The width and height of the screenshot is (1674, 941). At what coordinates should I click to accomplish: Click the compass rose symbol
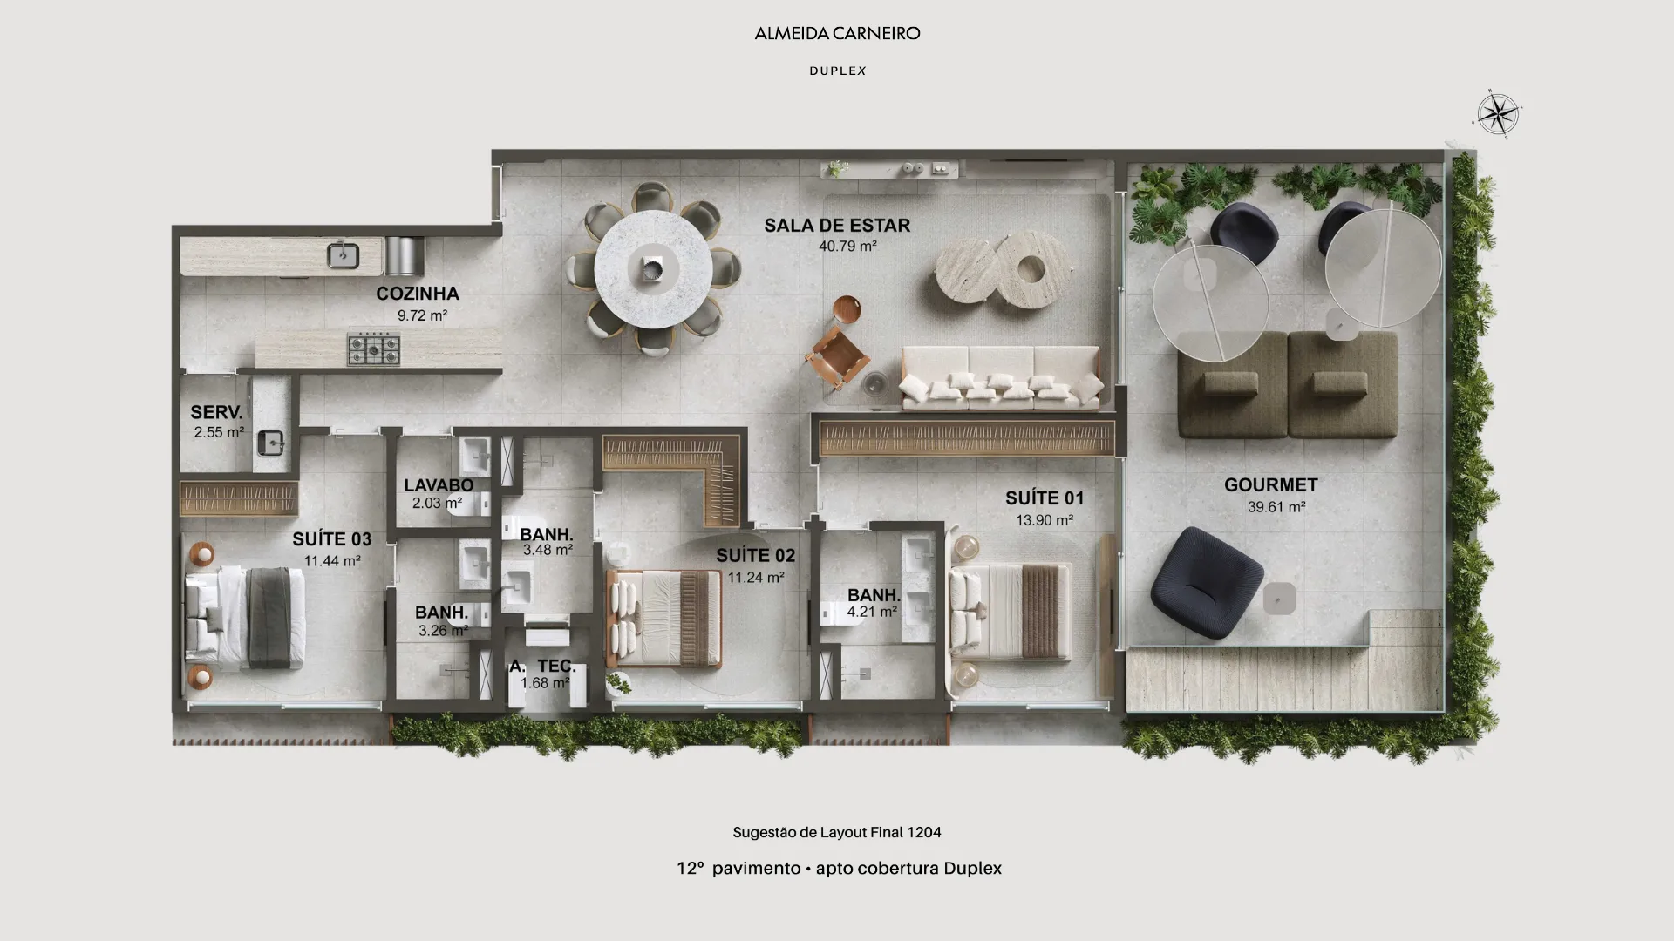(1498, 114)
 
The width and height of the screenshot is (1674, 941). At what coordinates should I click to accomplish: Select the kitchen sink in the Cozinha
(343, 256)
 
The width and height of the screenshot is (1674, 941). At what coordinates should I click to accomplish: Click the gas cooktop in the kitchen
(374, 349)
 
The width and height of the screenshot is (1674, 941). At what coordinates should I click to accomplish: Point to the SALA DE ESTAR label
(837, 226)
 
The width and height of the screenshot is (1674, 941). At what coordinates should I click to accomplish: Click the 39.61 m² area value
(1276, 507)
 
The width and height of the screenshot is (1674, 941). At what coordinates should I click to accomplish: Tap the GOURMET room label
(1270, 485)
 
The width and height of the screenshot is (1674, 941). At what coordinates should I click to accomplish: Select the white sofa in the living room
(1001, 377)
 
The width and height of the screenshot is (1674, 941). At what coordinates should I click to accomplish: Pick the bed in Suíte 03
(245, 618)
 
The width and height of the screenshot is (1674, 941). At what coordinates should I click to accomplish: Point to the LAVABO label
(439, 485)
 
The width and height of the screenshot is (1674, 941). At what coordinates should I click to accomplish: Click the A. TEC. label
(542, 667)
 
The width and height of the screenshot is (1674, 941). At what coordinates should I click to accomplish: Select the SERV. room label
(216, 412)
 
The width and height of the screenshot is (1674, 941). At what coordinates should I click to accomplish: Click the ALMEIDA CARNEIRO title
(837, 34)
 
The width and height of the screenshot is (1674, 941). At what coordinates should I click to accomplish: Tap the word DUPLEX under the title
(838, 71)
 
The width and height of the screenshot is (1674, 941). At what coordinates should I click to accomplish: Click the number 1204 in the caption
(923, 832)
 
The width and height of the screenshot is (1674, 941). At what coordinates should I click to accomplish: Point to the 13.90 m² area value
(1044, 520)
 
